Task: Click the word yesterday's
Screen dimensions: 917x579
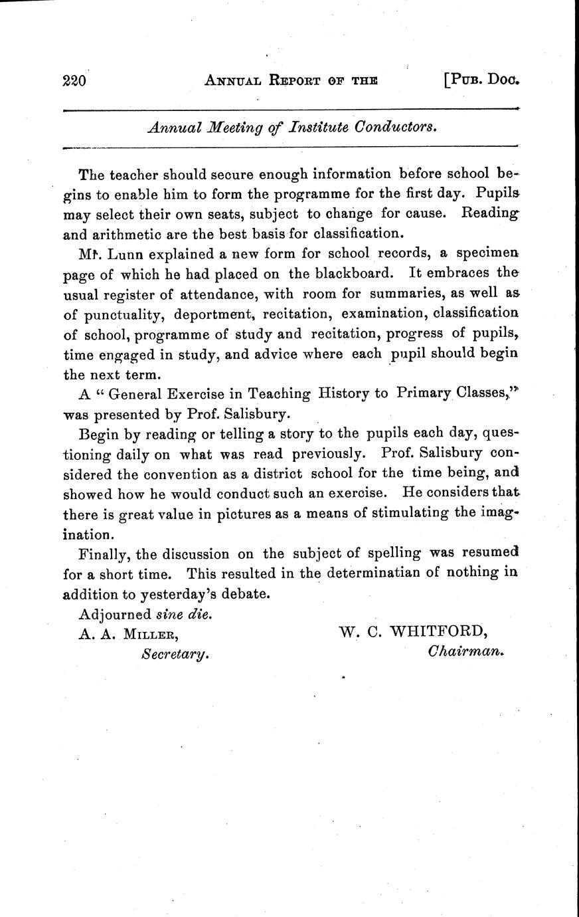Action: pyautogui.click(x=165, y=593)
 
